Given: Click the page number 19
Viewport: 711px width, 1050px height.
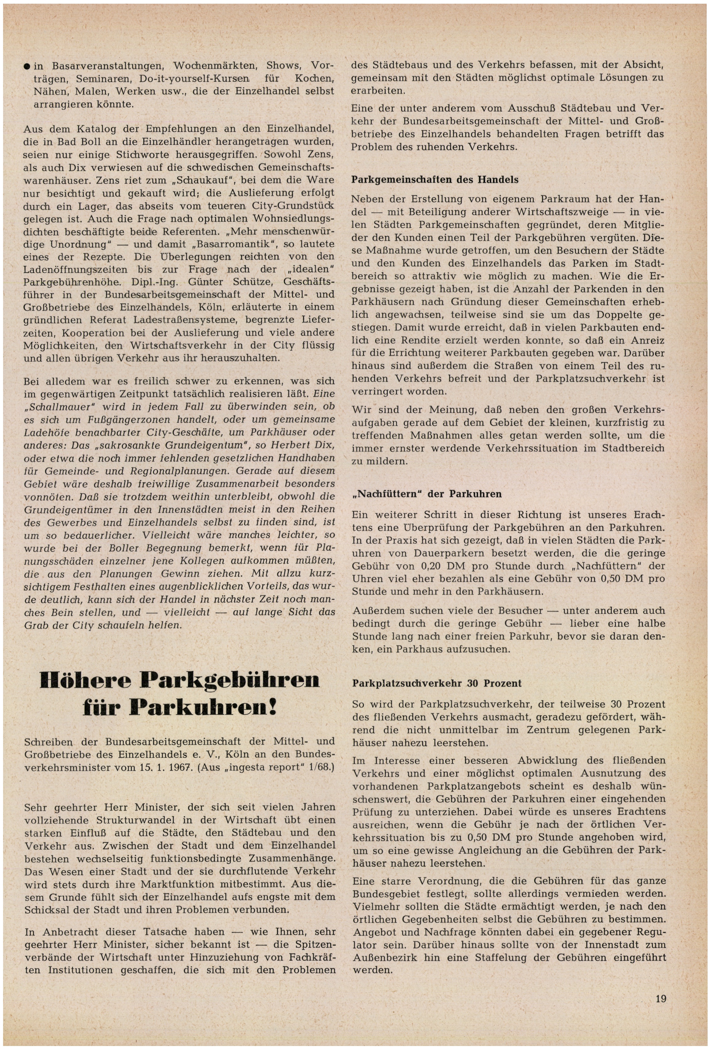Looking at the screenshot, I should point(661,998).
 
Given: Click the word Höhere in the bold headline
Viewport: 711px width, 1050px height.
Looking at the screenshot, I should point(85,680).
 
